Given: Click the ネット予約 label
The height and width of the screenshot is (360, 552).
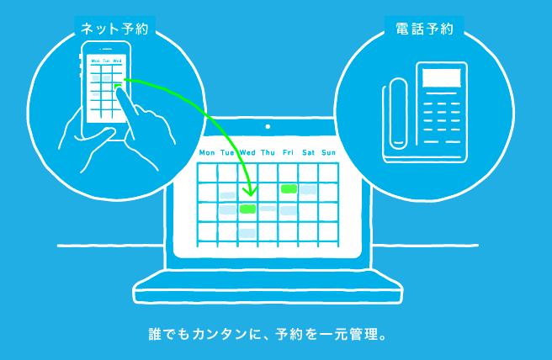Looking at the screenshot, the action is [x=114, y=29].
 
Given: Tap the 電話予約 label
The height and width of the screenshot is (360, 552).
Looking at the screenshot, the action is [x=424, y=29].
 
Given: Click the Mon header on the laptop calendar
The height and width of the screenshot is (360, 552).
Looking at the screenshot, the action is [x=207, y=152].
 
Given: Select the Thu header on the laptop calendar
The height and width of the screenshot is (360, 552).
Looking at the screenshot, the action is [x=268, y=152].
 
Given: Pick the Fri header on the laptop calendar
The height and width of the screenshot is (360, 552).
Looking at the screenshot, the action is [x=288, y=152].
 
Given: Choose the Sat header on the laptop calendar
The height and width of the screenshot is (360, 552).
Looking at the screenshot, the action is [x=308, y=152].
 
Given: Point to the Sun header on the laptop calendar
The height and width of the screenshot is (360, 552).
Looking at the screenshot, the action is [x=328, y=152].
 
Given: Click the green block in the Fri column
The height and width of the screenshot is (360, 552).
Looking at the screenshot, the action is [x=289, y=188].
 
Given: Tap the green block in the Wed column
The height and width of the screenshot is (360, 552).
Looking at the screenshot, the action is [x=247, y=209].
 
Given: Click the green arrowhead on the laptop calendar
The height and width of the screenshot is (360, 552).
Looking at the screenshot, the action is [x=250, y=192].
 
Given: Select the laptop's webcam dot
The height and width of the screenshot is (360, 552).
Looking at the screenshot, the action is [x=268, y=127].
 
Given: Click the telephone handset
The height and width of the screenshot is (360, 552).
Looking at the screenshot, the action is [x=398, y=114].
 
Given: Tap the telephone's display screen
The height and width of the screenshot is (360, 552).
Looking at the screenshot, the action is [x=442, y=77].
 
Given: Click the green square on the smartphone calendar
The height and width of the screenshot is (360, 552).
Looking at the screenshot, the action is [x=118, y=87].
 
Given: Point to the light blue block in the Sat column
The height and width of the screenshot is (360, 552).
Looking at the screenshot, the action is [x=308, y=190].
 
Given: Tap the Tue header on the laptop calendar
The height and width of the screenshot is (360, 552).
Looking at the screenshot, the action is [x=227, y=152].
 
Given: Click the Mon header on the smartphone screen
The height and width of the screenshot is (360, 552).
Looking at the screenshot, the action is [x=96, y=61].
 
